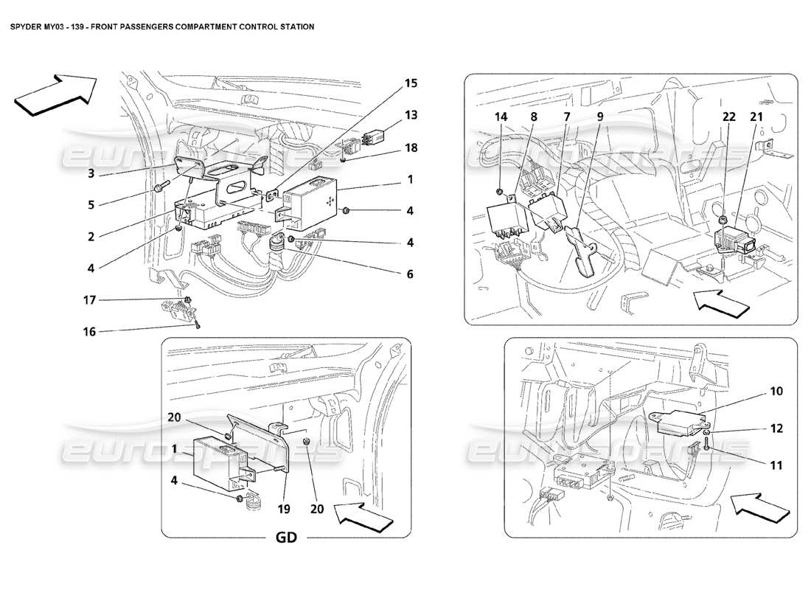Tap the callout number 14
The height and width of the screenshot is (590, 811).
(501, 116)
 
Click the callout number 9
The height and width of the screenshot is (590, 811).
(600, 116)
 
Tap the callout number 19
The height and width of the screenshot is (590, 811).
(285, 508)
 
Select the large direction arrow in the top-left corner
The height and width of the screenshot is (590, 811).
(55, 94)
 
